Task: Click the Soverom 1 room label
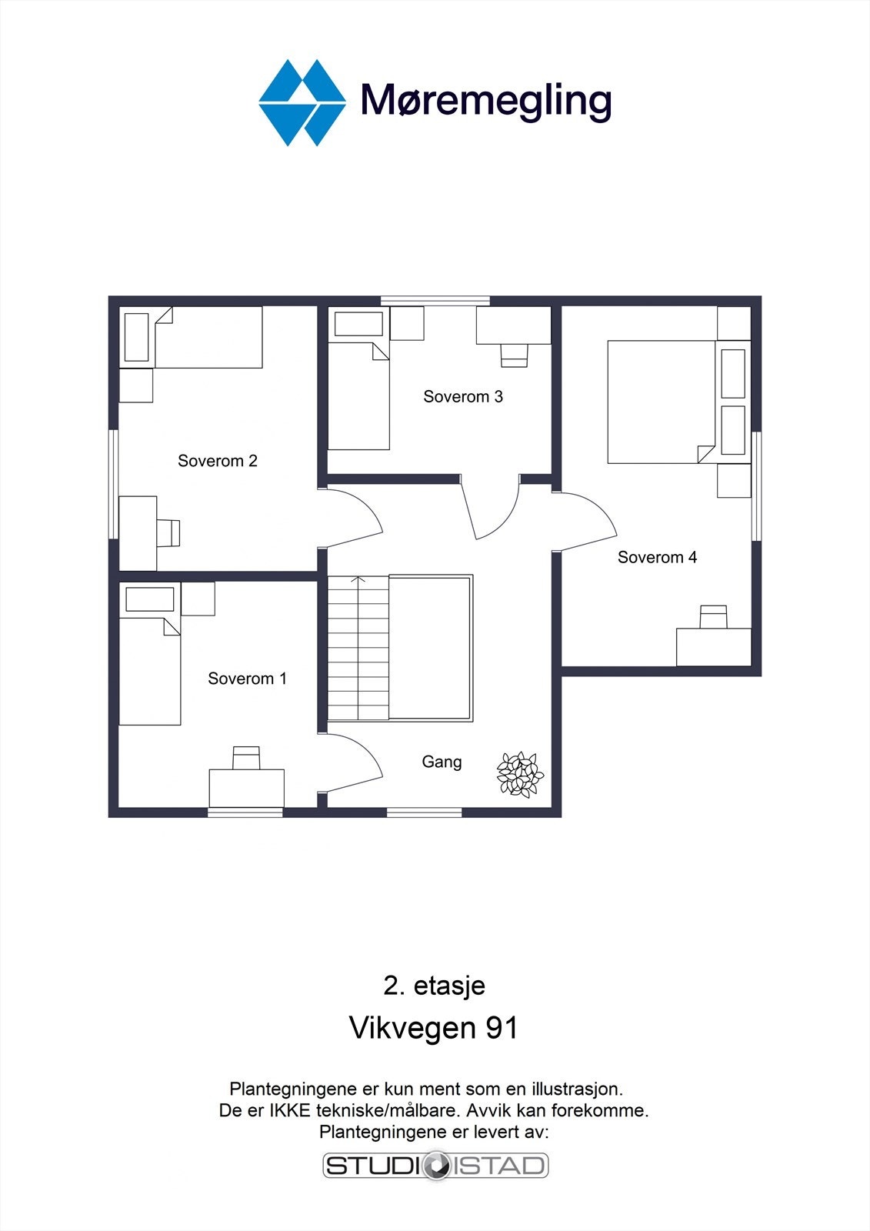tap(247, 679)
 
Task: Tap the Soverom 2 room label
tap(217, 461)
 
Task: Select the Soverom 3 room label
tap(462, 397)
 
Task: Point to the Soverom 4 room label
tap(657, 557)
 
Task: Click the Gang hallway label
tap(442, 762)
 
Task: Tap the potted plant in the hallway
tap(520, 774)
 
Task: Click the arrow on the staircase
tap(358, 581)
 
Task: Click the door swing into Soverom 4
tap(586, 522)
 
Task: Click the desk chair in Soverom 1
tap(247, 757)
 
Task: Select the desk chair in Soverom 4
tap(713, 617)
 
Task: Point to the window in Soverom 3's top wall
tap(435, 301)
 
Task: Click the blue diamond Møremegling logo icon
tap(302, 102)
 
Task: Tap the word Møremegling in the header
tap(486, 101)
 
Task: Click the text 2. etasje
tap(434, 986)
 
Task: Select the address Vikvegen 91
tap(434, 1028)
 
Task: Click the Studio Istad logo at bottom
tap(435, 1166)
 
